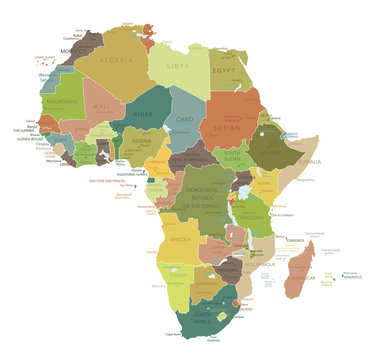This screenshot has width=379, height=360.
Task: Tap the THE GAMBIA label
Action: pos(23,130)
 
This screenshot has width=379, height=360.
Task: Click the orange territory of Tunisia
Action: pos(150,38)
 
